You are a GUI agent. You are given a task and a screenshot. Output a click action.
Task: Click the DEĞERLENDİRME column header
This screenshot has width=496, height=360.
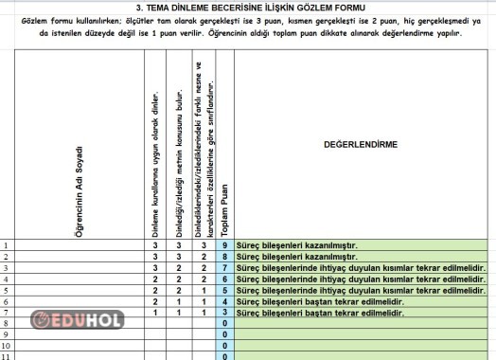click(360, 145)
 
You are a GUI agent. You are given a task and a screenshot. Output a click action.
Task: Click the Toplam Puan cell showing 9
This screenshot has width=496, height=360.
click(224, 246)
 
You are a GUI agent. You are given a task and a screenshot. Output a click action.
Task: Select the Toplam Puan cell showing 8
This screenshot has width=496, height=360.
click(224, 257)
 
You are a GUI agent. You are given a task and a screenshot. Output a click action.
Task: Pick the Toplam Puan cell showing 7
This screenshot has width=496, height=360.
click(224, 268)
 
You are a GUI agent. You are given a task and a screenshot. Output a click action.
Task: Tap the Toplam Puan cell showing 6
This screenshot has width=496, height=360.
click(224, 279)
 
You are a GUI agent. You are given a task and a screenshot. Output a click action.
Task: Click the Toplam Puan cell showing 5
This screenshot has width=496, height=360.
click(224, 290)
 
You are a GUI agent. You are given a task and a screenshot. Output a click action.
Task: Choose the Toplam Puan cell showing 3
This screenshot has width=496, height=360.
click(224, 313)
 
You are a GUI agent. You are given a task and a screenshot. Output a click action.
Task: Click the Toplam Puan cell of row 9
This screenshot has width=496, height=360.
click(224, 334)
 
